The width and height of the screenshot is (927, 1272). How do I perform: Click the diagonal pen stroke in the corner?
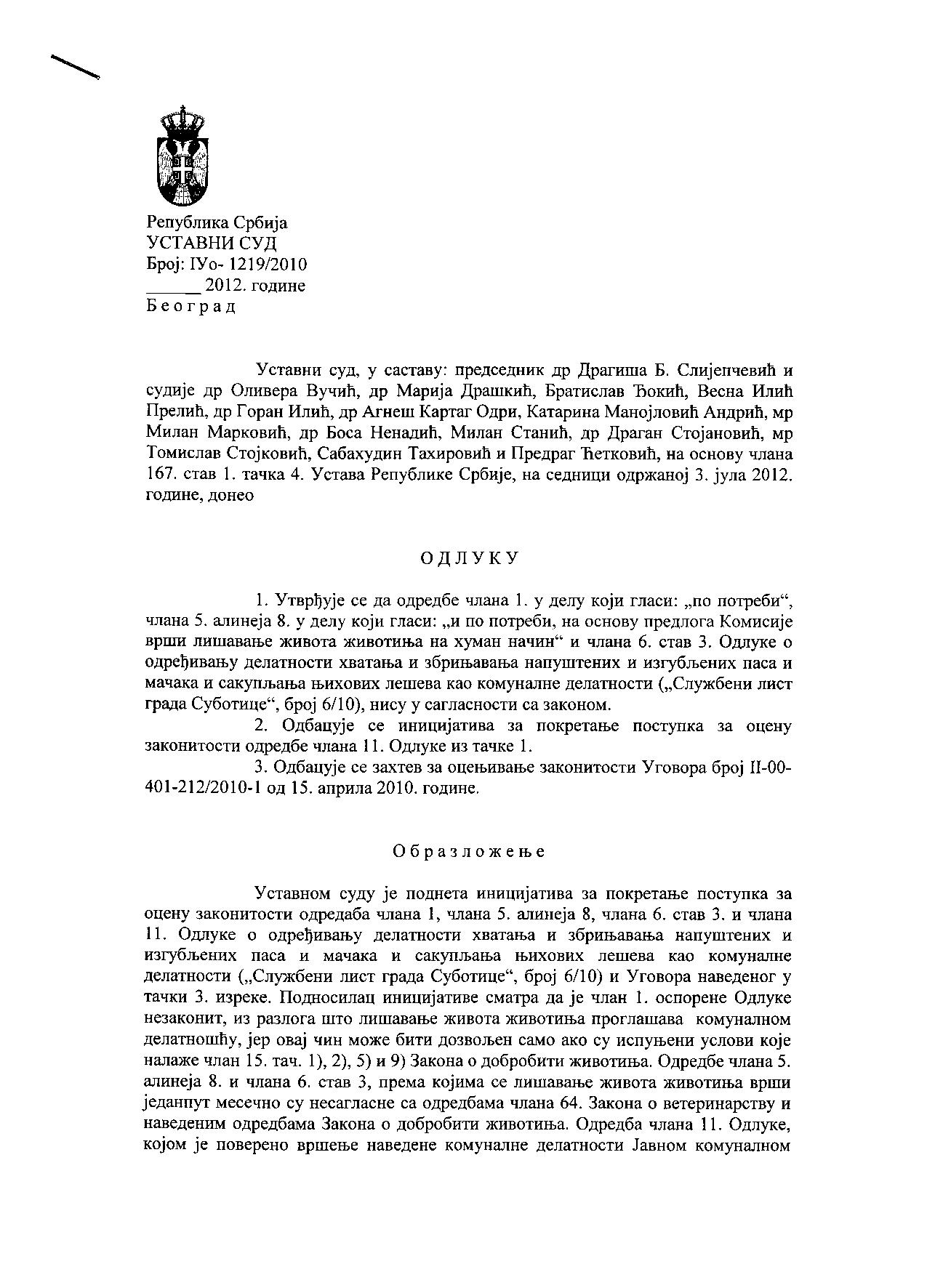point(75,65)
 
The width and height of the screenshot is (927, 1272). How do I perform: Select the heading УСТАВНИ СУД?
point(211,243)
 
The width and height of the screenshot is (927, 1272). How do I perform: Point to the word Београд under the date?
point(191,306)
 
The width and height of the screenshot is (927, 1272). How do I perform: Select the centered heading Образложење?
point(469,851)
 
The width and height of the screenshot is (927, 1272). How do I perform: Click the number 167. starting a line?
point(161,476)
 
